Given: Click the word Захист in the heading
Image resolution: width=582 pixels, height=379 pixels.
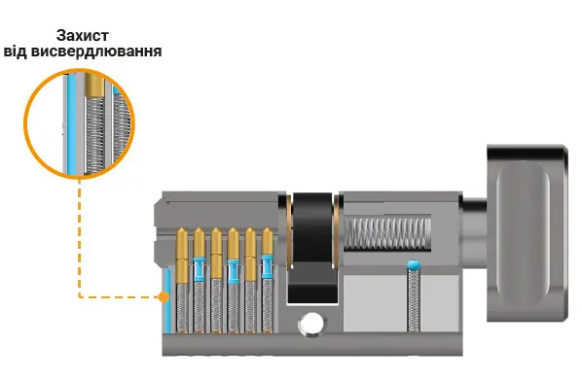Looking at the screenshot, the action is click(x=83, y=36).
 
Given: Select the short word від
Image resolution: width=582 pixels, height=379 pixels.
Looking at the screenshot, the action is click(x=16, y=52).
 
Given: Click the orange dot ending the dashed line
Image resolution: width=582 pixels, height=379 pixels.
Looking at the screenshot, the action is click(x=164, y=296).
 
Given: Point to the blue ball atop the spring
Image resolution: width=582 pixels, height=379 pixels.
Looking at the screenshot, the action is click(x=413, y=264).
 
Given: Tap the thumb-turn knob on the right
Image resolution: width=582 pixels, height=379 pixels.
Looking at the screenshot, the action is click(x=527, y=233).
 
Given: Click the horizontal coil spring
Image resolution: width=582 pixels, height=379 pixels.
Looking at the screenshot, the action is click(x=387, y=233).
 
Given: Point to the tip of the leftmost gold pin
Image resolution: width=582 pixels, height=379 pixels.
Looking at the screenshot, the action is click(x=182, y=228).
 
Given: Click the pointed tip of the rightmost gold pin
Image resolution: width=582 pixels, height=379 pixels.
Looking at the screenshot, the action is click(x=268, y=228).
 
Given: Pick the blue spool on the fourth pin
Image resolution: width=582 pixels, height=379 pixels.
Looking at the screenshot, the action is click(x=234, y=271).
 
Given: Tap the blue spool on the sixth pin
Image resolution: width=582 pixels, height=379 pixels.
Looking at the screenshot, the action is click(x=268, y=266).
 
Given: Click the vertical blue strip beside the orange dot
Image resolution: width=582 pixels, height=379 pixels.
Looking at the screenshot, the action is click(x=167, y=300).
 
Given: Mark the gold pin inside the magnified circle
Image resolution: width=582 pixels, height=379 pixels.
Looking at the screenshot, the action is click(x=92, y=85).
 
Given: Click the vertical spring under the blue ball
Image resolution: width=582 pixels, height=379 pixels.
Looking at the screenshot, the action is click(x=414, y=300).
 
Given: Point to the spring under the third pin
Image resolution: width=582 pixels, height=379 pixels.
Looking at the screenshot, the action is click(x=216, y=305).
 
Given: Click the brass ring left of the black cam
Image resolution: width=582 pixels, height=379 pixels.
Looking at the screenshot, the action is click(x=289, y=231).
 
